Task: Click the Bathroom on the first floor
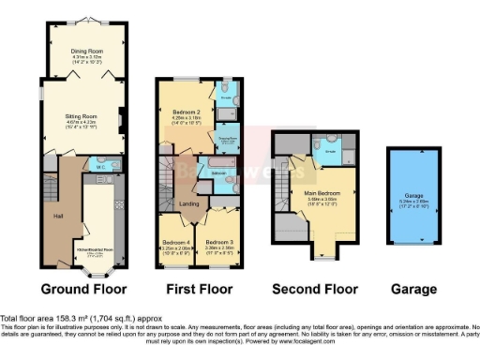click(x=217, y=174)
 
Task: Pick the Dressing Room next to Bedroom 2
click(x=228, y=137)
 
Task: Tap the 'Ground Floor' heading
click(x=82, y=289)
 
